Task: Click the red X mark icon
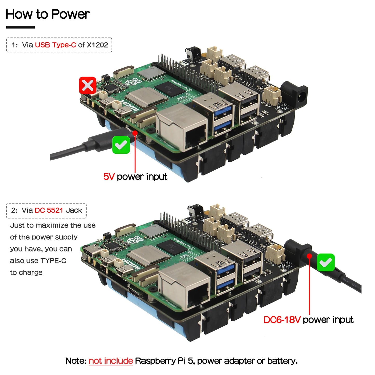88,85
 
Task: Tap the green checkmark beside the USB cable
121,145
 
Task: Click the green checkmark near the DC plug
326,262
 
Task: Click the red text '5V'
109,177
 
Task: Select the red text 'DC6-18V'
282,320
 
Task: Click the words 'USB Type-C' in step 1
55,45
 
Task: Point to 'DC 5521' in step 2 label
49,210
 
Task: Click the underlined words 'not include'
111,361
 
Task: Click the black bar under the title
21,27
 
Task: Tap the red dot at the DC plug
309,256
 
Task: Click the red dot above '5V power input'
135,133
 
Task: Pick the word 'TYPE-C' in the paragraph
53,261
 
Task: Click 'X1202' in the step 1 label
97,45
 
